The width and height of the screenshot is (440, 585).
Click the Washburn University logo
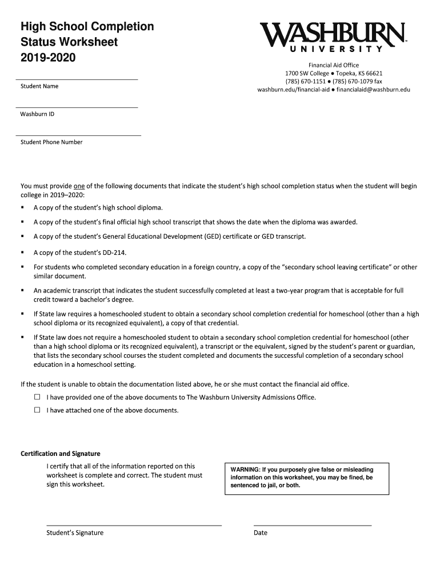(333, 37)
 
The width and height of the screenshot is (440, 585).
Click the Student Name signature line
(77, 79)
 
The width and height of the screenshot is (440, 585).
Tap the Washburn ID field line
(77, 107)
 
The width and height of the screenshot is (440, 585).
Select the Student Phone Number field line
(78, 135)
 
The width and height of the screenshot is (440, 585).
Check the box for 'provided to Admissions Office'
(38, 397)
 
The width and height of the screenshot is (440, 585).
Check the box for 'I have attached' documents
(38, 410)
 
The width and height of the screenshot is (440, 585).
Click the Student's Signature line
(134, 524)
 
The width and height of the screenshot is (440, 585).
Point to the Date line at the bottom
(312, 524)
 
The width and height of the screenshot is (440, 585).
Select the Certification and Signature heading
(61, 454)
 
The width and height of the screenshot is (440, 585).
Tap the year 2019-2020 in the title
(48, 58)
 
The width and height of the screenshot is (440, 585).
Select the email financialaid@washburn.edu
(373, 90)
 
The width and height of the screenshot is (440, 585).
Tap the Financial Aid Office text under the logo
(334, 65)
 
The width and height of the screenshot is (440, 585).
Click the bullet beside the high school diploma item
(22, 207)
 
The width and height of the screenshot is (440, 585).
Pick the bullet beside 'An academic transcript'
(22, 291)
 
